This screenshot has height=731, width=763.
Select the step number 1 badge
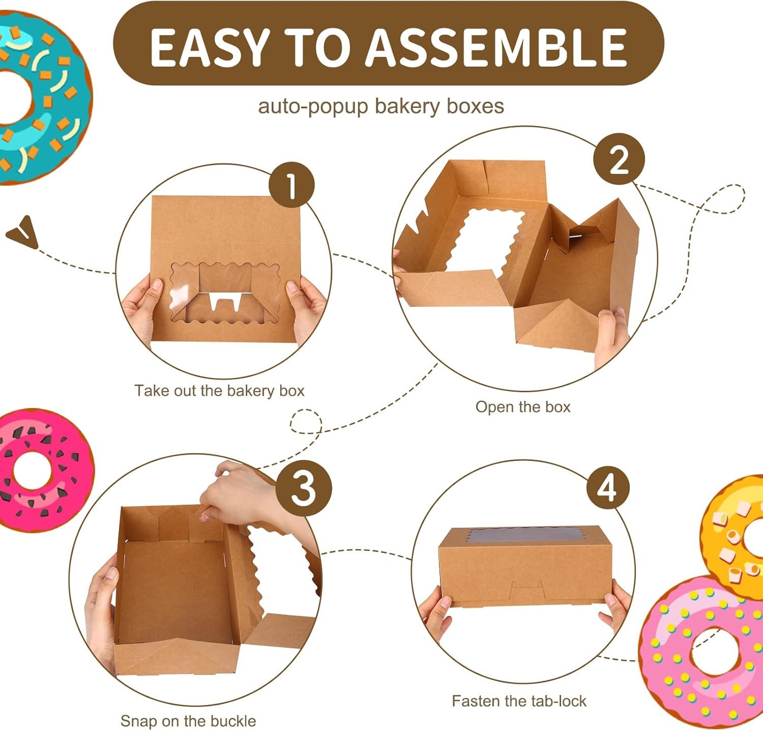click(x=291, y=185)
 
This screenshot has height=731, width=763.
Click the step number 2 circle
click(x=619, y=159)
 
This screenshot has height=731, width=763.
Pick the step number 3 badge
click(x=304, y=488)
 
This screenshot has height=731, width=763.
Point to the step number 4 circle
click(x=608, y=488)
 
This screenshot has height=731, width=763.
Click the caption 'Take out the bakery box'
click(x=219, y=391)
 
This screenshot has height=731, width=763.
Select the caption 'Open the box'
click(x=523, y=407)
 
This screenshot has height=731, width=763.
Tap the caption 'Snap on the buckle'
click(x=188, y=721)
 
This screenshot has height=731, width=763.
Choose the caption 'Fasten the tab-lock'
click(x=519, y=701)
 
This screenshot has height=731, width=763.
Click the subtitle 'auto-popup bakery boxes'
click(x=381, y=106)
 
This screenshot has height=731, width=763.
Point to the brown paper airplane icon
click(x=23, y=232)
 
